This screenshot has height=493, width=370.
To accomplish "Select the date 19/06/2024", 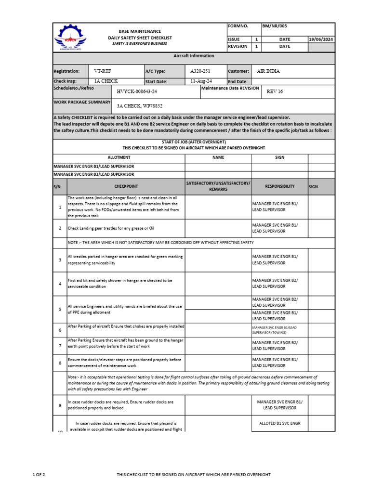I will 321,39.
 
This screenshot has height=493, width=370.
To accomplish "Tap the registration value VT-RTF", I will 103,71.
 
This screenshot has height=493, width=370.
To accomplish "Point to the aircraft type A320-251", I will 200,71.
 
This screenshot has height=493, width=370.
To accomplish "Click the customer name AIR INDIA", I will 268,71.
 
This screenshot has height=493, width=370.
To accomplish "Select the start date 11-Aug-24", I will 201,81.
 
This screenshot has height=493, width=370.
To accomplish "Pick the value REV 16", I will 275,91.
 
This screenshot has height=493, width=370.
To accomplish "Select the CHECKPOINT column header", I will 126,186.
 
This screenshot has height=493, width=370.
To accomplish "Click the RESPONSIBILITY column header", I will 279,186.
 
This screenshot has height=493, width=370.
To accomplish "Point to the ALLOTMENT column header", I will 119,157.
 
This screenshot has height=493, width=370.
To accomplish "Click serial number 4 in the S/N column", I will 60,284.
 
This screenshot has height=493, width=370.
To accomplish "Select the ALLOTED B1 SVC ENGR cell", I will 279,423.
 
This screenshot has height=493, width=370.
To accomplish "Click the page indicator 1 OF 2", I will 39,475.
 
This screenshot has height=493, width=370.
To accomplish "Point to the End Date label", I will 238,82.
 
